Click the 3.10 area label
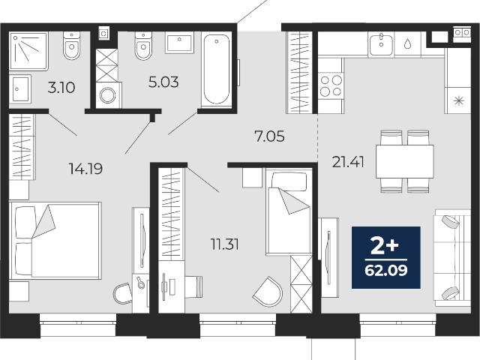coord(61,88)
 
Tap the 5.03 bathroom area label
coord(163,82)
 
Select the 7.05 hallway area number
coord(269,136)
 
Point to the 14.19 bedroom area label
coord(85,169)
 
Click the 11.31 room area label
coord(225,244)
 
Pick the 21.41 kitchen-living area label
coord(348,162)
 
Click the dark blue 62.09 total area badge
coord(386,257)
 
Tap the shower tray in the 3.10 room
coord(28,51)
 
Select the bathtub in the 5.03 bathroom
coord(217,70)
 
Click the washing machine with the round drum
coord(109,95)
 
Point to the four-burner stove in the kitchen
coord(331,85)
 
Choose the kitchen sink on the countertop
coord(381,45)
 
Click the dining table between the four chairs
coord(405,161)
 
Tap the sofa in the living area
coord(452,258)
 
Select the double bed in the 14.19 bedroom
coord(55,241)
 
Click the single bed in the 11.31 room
coord(289,211)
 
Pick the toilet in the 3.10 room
coord(72,46)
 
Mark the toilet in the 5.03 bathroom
coord(143,46)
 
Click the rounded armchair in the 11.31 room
coord(268,292)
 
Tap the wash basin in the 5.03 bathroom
coord(179,43)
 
